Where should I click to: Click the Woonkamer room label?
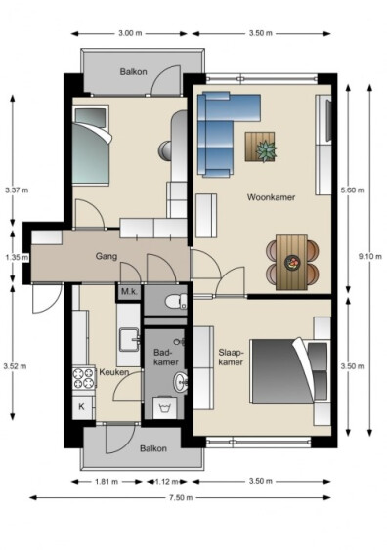[x=271, y=197]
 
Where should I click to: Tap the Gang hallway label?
[x=107, y=256]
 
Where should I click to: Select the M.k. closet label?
[x=129, y=291]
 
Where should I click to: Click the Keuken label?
[x=114, y=372]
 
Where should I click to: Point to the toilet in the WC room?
[x=176, y=301]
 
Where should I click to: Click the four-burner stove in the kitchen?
[x=84, y=378]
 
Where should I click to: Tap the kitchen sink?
[x=129, y=339]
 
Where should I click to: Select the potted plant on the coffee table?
[x=266, y=151]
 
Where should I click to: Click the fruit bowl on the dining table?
[x=292, y=263]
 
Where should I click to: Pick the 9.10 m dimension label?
[x=369, y=256]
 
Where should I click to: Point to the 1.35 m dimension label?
[x=17, y=258]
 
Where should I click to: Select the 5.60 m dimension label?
[x=352, y=190]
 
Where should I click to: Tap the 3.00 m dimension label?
[x=130, y=33]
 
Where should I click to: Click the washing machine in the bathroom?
[x=164, y=407]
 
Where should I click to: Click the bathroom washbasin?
[x=182, y=382]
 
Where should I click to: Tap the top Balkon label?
[x=133, y=72]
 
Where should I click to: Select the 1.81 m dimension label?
[x=107, y=482]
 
